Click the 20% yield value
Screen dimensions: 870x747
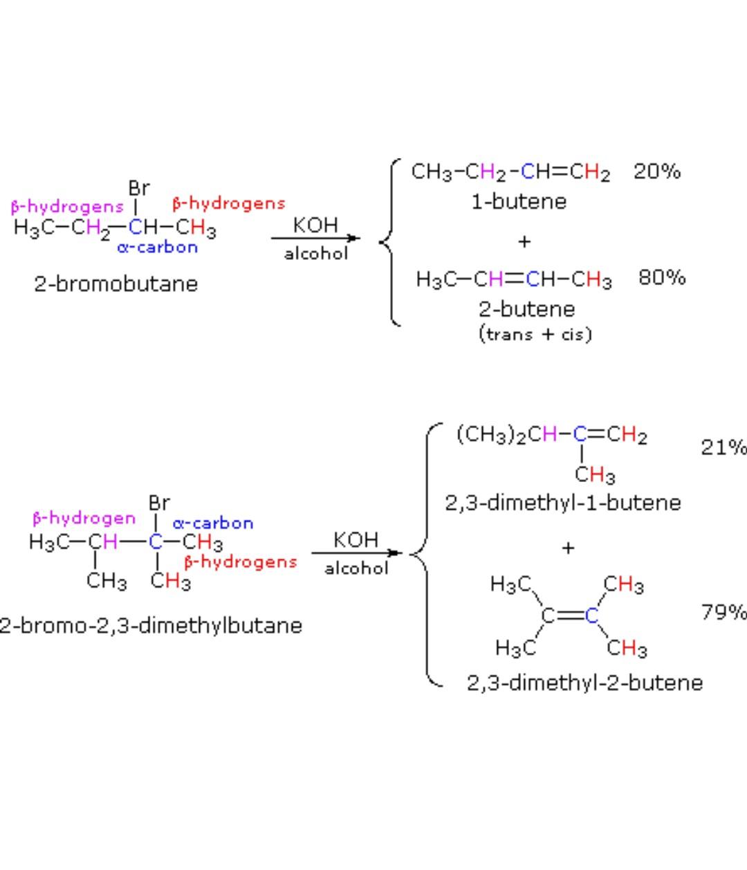657,172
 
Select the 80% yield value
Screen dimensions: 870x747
662,277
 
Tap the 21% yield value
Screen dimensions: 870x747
723,447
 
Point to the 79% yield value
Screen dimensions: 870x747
723,612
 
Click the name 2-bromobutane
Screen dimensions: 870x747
116,284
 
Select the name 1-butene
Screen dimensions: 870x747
519,202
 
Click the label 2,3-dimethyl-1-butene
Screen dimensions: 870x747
562,503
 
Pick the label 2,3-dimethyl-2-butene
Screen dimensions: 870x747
584,683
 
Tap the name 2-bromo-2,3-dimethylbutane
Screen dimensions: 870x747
151,626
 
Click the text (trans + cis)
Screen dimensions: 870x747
535,335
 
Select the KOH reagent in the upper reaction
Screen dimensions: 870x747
315,225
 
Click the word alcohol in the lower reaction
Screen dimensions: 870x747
356,568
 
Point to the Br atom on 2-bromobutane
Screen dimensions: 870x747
139,188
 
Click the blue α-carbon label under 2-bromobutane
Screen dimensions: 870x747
158,248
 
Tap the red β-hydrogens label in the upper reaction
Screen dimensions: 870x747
228,203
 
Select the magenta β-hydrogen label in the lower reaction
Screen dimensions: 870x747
84,518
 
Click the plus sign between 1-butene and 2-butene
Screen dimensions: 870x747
524,241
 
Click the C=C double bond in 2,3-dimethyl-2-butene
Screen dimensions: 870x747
569,616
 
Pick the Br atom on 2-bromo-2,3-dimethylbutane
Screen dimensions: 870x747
159,503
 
